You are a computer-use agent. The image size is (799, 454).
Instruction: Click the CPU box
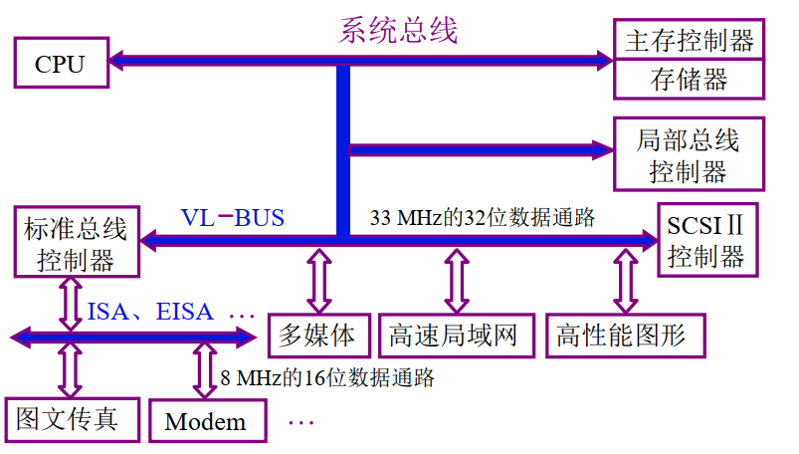(60, 64)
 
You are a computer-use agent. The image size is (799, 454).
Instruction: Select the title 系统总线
(398, 30)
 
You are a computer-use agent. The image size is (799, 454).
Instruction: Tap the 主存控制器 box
(689, 41)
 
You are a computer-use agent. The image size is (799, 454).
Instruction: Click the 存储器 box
(689, 79)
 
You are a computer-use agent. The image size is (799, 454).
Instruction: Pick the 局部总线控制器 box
(689, 154)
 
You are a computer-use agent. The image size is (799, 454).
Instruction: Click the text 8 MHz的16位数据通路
(327, 377)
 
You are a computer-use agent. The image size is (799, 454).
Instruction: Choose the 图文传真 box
(69, 418)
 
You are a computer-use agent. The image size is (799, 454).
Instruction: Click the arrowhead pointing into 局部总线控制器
(603, 150)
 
